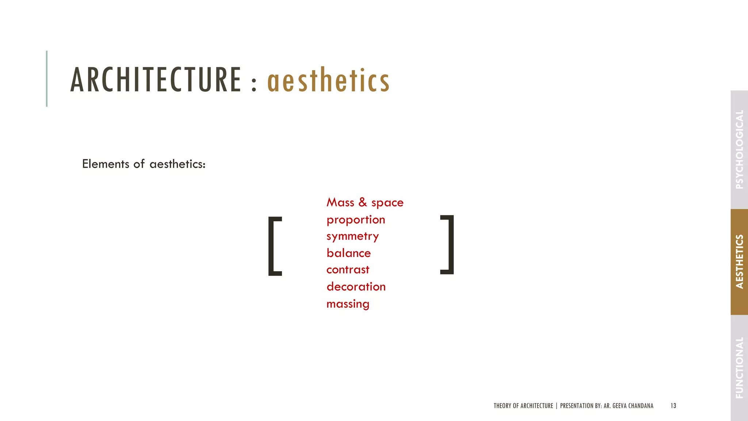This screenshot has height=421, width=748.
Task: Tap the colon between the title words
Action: [254, 83]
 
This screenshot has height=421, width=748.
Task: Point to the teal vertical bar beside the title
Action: [47, 79]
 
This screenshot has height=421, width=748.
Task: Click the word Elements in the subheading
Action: [106, 164]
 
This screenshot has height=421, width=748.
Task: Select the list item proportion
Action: [356, 220]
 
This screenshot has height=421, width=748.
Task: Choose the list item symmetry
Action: [352, 236]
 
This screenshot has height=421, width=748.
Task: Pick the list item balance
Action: [348, 253]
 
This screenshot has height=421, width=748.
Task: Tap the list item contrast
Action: [348, 270]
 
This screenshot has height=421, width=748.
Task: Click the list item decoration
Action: [356, 287]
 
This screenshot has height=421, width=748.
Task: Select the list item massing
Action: [348, 304]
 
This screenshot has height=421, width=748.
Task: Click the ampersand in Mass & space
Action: [362, 202]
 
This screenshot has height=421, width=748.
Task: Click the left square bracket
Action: [274, 246]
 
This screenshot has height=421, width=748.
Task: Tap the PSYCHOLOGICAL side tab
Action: [739, 149]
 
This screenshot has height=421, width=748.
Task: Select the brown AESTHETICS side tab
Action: [739, 262]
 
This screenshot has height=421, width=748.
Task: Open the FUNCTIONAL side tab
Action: [739, 367]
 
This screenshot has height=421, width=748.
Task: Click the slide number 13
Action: [673, 406]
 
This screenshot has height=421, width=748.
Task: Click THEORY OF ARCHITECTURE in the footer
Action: [523, 406]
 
